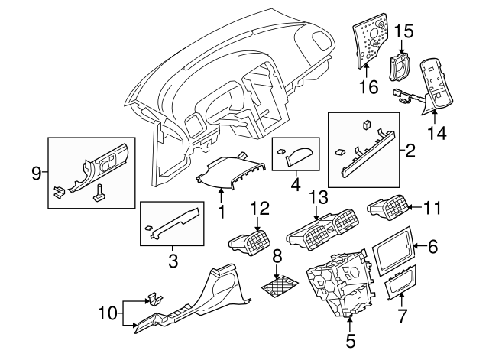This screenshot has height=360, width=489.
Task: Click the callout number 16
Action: tap(368, 88)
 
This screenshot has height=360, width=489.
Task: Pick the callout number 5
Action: tap(351, 342)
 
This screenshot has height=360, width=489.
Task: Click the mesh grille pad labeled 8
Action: tap(278, 287)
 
